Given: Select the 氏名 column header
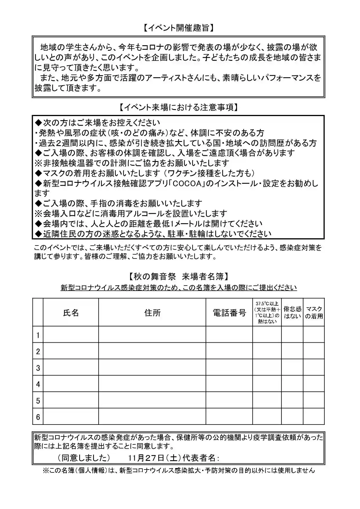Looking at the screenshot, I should click(x=71, y=313).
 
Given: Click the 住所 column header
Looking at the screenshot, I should click(x=152, y=313).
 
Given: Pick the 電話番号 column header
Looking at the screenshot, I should click(x=229, y=313).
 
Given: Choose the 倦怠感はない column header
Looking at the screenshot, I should click(x=292, y=313).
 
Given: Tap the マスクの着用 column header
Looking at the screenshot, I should click(x=314, y=313).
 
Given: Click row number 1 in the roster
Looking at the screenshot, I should click(x=38, y=335).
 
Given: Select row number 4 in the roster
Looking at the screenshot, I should click(x=38, y=385).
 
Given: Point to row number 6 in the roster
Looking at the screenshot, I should click(x=38, y=417).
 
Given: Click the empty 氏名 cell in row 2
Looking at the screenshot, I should click(x=71, y=351).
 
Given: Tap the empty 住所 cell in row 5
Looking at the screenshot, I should click(x=152, y=401).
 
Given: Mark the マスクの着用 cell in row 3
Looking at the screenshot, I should click(x=314, y=368).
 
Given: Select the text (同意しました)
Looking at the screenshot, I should click(x=84, y=458).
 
